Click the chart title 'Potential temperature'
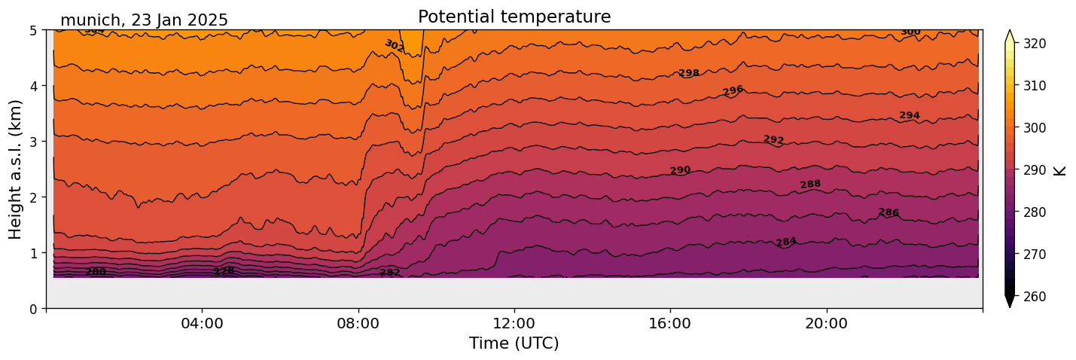point(514,17)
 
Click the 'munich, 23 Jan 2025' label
point(144,20)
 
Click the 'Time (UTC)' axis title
point(514,343)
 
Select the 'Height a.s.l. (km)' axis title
point(16,169)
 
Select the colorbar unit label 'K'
point(1061,170)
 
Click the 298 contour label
point(689,73)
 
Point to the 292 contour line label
point(773,139)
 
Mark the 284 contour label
point(786,242)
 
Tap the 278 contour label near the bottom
point(224,271)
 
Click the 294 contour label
point(910,115)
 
